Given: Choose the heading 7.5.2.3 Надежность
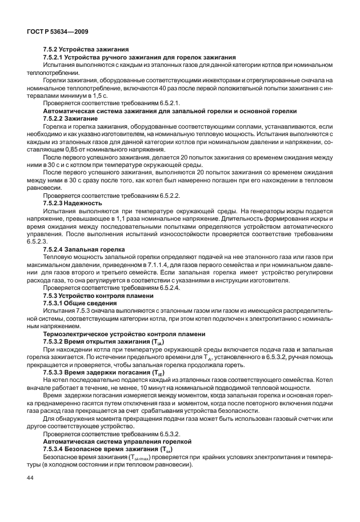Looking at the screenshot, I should point(73,202).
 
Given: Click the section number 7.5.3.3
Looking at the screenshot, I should point(57,370).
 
